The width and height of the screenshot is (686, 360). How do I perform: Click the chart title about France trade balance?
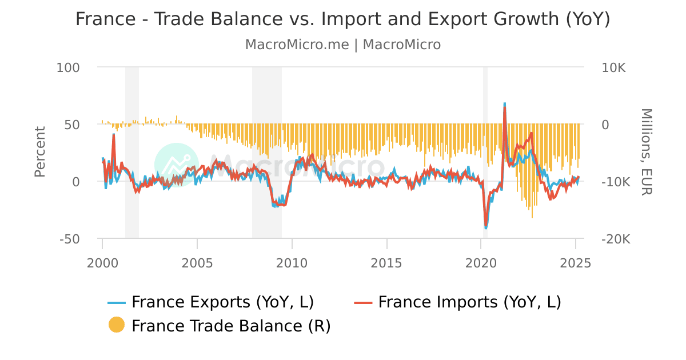pyautogui.click(x=343, y=19)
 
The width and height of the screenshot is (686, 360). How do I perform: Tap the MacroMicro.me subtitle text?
pyautogui.click(x=343, y=45)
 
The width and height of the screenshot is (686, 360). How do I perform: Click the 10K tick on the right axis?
pyautogui.click(x=613, y=67)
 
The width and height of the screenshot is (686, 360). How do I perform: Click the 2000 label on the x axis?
pyautogui.click(x=103, y=263)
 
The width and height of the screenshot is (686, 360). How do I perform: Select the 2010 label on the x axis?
pyautogui.click(x=292, y=263)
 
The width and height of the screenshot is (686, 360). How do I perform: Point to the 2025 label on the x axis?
pyautogui.click(x=576, y=263)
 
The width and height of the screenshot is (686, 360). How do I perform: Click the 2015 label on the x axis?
pyautogui.click(x=387, y=263)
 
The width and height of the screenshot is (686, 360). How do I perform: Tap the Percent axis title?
pyautogui.click(x=39, y=152)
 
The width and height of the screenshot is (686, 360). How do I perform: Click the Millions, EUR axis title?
pyautogui.click(x=646, y=152)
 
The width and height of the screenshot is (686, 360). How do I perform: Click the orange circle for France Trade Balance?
pyautogui.click(x=116, y=325)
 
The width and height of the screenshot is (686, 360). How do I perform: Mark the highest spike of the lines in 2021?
pyautogui.click(x=505, y=105)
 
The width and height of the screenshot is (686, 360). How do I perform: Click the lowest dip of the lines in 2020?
pyautogui.click(x=486, y=227)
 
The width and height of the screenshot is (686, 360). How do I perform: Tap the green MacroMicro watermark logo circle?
pyautogui.click(x=177, y=165)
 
